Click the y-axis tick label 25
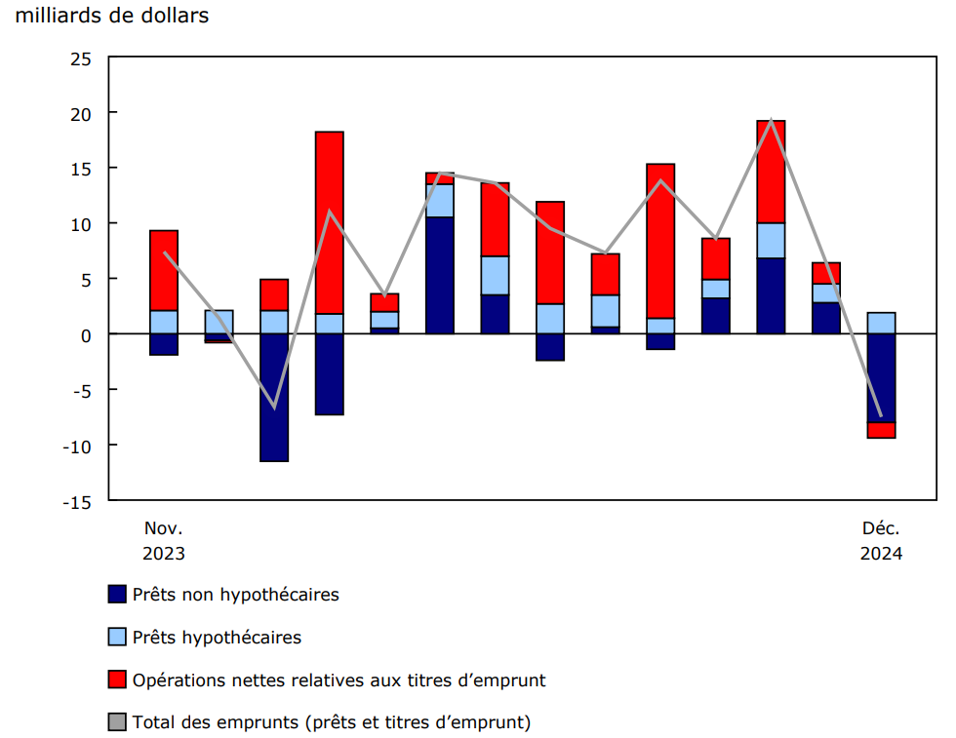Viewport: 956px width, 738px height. point(81,58)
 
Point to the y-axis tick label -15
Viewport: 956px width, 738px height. point(77,501)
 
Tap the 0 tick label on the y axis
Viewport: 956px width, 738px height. point(87,334)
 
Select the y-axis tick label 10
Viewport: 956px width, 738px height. point(81,224)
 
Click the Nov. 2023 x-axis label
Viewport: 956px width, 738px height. point(163,540)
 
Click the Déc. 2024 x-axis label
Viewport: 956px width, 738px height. point(880,540)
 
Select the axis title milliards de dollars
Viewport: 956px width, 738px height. point(112,17)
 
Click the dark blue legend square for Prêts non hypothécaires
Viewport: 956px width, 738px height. point(117,595)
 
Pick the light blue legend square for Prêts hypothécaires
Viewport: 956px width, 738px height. point(117,638)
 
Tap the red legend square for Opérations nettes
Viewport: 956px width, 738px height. point(117,680)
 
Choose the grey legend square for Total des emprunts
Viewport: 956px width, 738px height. point(117,722)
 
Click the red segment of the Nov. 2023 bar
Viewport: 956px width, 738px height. point(164,270)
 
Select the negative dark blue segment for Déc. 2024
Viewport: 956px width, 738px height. point(881,377)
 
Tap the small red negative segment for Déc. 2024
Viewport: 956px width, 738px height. point(881,430)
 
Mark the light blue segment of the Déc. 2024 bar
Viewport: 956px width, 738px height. point(881,323)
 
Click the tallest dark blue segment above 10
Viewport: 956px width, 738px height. point(439,275)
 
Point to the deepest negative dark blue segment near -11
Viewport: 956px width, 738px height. point(274,397)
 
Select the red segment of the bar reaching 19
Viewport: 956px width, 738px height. point(771,172)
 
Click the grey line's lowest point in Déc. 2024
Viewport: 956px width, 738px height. point(881,416)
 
